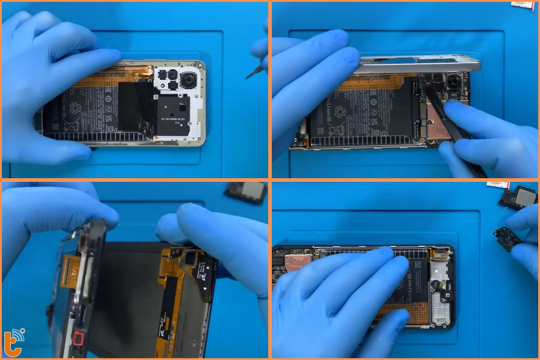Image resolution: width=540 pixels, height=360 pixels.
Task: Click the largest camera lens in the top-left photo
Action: click(188, 81)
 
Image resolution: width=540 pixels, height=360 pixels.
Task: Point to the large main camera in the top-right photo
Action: click(454, 82)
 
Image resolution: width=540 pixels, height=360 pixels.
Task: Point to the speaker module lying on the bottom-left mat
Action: click(246, 192)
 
